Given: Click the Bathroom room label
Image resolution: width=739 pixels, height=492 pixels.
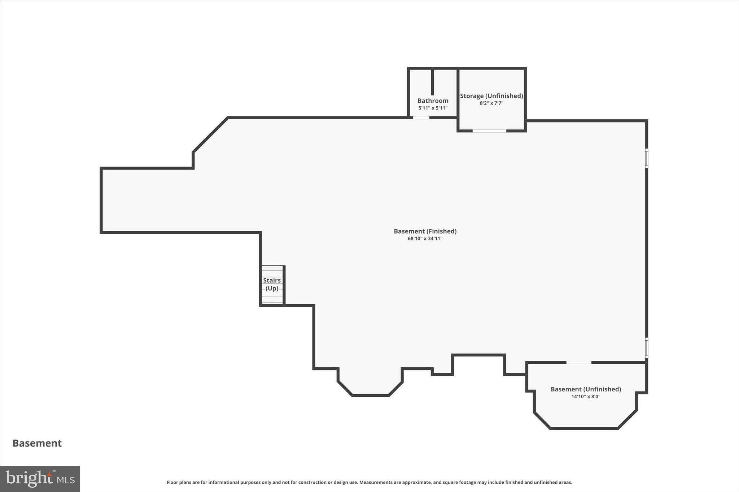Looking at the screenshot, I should point(433,101).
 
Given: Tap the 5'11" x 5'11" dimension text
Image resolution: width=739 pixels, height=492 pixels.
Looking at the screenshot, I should point(433,108).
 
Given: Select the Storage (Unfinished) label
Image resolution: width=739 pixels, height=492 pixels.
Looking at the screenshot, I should point(491,96).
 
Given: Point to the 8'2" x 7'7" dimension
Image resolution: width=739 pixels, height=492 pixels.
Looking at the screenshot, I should point(491,103).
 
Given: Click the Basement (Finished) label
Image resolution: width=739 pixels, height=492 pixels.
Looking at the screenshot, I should point(425,231).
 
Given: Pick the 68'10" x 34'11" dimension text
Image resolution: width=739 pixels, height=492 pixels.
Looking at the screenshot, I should point(425,239).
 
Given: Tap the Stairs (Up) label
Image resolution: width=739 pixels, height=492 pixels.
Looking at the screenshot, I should point(272,284).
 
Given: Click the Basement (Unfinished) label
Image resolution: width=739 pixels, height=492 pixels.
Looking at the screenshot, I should point(586,389).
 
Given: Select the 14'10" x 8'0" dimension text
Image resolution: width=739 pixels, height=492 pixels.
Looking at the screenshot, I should point(586,396).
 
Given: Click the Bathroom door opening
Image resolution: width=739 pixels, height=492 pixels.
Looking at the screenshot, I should point(421,118).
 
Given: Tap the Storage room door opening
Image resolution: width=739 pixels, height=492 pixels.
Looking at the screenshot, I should point(489,131).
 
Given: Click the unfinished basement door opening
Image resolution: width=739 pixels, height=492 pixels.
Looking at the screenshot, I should point(578,362).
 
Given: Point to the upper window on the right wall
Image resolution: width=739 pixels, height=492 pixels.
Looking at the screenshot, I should point(647,158).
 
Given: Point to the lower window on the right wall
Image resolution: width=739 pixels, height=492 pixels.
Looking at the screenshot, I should point(647,347).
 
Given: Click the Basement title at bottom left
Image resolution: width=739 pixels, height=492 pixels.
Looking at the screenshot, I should point(37,443).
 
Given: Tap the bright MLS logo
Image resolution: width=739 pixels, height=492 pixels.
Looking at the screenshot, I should point(40,479).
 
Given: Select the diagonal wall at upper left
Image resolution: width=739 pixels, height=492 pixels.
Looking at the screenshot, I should point(210,135).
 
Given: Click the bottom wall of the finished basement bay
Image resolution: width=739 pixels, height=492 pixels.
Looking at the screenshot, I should point(370,395).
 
